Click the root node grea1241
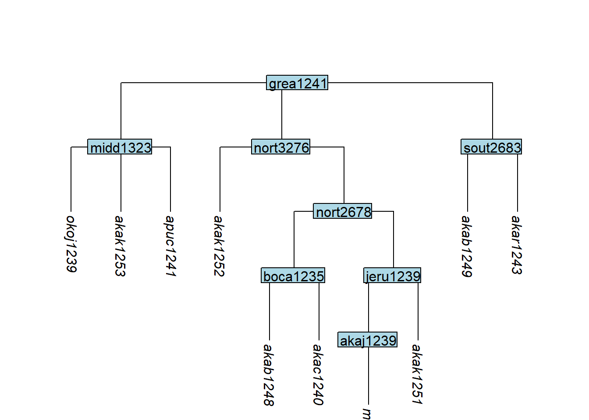coord(297,83)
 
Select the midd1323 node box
coord(120,147)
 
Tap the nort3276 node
coord(281,147)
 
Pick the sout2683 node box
coord(492,147)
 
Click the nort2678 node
coord(343,212)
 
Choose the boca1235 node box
coord(293,276)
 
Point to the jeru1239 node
coord(393,276)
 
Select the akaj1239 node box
coord(368,340)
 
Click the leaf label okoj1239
coord(71,244)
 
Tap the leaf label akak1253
coord(121,246)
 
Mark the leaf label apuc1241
coord(170,246)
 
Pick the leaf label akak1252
coord(220,246)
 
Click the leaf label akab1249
coord(467,246)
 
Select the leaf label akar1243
coord(517,245)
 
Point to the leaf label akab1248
coord(269,375)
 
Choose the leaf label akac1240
coord(319,375)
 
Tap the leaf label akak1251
coord(418,374)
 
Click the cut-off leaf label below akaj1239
coord(368,413)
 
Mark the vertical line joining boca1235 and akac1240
coord(319,311)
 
